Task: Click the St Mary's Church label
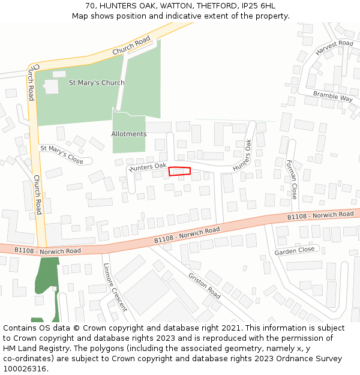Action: pyautogui.click(x=97, y=83)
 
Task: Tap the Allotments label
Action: pyautogui.click(x=128, y=134)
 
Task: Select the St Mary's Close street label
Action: pyautogui.click(x=62, y=154)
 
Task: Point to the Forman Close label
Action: pyautogui.click(x=291, y=179)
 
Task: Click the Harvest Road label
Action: pyautogui.click(x=334, y=48)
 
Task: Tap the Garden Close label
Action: pyautogui.click(x=295, y=250)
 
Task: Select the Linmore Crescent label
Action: pyautogui.click(x=115, y=288)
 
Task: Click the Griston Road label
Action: pyautogui.click(x=205, y=286)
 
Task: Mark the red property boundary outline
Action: pyautogui.click(x=179, y=171)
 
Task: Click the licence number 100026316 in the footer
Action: pyautogui.click(x=24, y=368)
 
